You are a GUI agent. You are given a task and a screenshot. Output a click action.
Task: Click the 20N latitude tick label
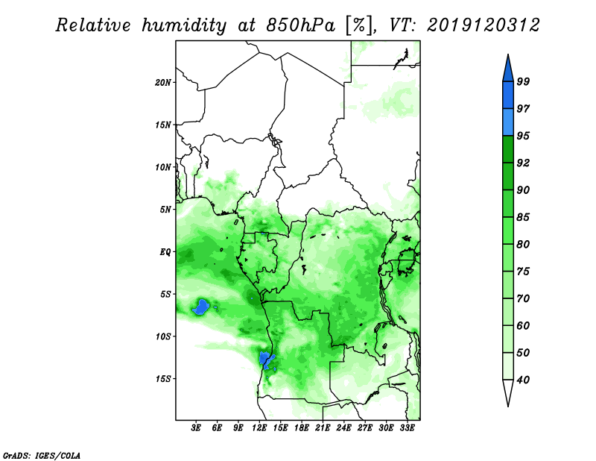tap(163, 83)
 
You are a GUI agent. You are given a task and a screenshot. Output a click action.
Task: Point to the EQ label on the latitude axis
tap(165, 252)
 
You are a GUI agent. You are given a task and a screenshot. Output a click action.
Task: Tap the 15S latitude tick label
tap(163, 379)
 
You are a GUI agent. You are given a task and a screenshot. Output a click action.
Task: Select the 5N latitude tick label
tap(165, 210)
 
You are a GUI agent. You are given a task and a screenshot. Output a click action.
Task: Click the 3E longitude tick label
tap(195, 427)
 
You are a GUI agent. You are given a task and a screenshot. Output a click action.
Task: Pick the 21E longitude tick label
tap(323, 427)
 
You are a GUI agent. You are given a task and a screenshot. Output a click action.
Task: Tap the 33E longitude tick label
tap(407, 427)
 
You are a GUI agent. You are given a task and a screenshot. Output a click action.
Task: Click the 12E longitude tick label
tap(259, 427)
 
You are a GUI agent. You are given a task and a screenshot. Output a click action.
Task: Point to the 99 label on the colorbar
tap(523, 81)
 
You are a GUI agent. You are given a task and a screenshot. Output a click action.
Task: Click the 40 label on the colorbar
tap(523, 380)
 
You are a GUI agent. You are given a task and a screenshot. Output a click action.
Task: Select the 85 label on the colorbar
tap(523, 217)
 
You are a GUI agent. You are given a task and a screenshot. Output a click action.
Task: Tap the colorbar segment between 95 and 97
tap(508, 122)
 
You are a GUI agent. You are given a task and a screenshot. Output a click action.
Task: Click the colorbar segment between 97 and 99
tap(508, 95)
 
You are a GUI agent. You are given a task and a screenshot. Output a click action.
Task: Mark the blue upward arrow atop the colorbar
tap(508, 69)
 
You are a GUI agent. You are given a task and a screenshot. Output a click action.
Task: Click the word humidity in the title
tap(183, 25)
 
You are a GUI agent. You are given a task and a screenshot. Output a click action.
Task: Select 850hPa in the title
tap(301, 25)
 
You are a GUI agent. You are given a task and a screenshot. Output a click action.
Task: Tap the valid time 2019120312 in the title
tap(483, 25)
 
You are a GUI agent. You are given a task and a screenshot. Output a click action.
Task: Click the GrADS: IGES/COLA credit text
tap(42, 456)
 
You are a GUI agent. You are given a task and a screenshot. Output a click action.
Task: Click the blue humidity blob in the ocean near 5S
tap(201, 307)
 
